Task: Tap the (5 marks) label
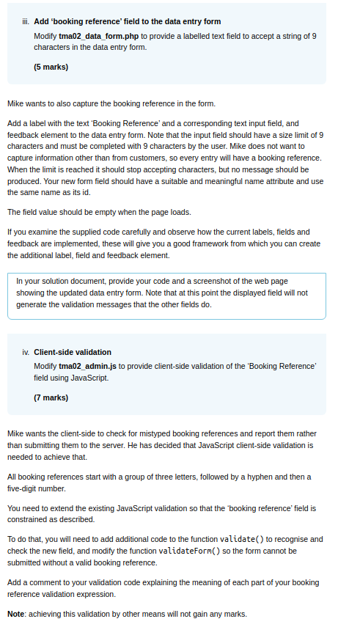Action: coord(51,67)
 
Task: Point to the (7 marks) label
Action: coord(51,397)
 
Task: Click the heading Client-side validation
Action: coord(73,352)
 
